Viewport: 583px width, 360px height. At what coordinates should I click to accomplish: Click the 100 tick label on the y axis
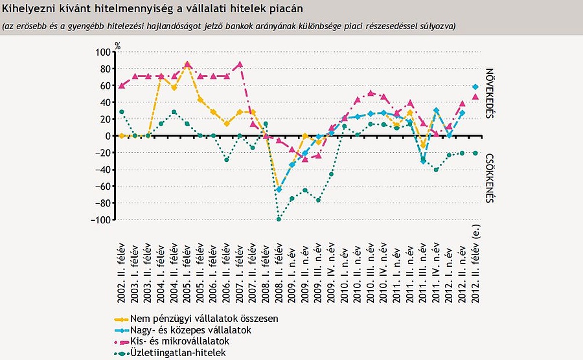(103, 52)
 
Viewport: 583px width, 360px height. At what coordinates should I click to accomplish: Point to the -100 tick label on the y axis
(102, 220)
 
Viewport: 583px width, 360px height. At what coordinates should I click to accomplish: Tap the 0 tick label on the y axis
(108, 136)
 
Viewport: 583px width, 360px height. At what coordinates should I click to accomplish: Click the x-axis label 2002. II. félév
(121, 265)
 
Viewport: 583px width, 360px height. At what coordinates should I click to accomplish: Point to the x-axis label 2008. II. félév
(279, 265)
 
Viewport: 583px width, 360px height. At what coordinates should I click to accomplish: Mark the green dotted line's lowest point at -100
(279, 219)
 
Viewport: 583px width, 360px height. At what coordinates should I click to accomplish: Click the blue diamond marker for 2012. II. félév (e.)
(475, 87)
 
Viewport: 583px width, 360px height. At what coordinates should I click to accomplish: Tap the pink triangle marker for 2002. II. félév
(121, 85)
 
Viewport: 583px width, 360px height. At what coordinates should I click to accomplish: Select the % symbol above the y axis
(118, 45)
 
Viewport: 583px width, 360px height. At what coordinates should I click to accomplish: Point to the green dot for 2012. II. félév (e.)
(475, 153)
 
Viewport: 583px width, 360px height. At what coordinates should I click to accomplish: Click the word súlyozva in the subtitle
(435, 26)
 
